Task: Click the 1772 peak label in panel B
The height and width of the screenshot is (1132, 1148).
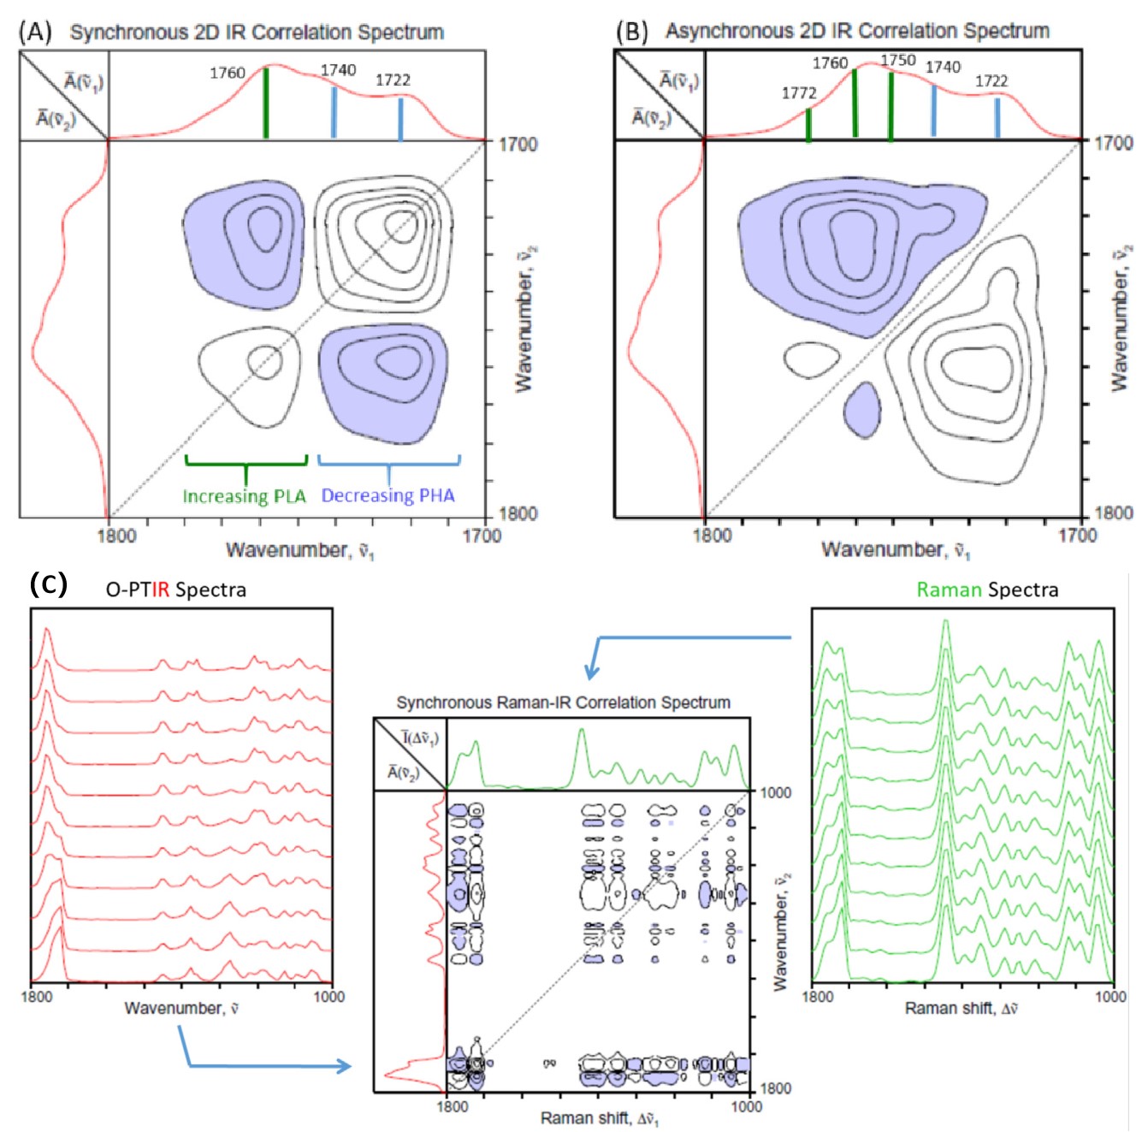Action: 799,93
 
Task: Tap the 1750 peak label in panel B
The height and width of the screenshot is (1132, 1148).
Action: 898,60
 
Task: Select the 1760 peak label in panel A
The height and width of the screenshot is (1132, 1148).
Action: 228,73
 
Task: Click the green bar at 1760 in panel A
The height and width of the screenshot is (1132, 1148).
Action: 266,104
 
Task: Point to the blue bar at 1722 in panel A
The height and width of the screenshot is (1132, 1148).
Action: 400,120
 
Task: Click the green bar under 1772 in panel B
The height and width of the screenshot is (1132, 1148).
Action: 808,126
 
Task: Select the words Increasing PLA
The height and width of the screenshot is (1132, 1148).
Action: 245,496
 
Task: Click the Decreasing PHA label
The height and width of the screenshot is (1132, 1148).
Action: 388,495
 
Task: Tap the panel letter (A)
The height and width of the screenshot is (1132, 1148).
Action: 35,32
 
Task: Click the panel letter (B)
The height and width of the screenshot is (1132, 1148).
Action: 631,32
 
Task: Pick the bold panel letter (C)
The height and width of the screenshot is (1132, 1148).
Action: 48,584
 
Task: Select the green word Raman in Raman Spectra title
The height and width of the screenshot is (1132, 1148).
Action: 949,590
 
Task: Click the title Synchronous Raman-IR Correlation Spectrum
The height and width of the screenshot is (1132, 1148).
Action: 564,702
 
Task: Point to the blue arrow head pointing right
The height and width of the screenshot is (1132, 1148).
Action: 345,1066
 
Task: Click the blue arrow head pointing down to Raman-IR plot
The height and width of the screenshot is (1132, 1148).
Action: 592,671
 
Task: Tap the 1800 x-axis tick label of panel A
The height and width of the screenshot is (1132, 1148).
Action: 116,536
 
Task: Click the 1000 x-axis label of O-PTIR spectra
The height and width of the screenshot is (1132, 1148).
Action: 328,997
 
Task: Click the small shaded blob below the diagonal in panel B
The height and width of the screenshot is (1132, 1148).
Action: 862,410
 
